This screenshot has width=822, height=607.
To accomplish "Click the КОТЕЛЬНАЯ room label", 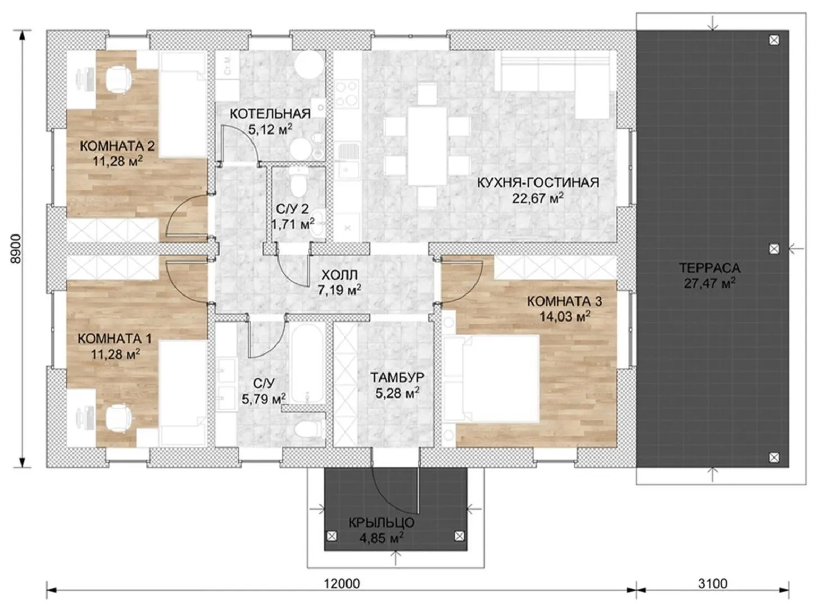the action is [270, 114].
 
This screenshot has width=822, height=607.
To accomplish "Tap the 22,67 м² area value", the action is [538, 198].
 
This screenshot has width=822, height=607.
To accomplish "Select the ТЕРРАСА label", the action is [709, 268].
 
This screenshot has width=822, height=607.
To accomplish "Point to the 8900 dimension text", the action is [16, 248].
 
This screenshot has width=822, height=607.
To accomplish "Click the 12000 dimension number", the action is [342, 583].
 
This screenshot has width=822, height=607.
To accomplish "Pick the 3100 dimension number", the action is [712, 583].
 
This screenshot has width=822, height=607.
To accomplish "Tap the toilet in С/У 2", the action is [299, 183].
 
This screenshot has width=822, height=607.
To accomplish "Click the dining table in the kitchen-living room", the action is [427, 146].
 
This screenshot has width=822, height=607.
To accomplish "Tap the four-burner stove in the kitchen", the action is [347, 93].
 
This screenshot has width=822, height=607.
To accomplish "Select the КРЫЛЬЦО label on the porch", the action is [381, 523].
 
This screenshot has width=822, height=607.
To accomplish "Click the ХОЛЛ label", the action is [339, 275].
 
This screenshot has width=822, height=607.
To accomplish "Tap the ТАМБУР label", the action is [397, 377].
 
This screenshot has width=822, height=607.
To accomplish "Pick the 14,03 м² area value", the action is [565, 316].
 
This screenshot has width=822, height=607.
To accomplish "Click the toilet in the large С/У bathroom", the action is [307, 430].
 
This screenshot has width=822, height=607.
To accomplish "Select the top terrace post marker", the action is [774, 40].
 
